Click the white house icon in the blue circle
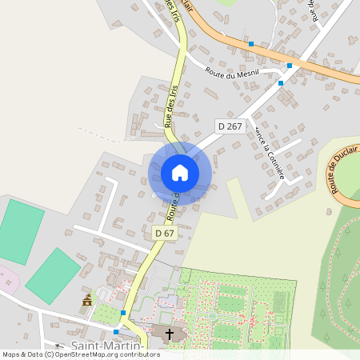pos(180,173)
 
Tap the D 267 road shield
pos(230,126)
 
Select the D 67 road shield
pos(164,233)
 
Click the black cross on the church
pos(167,334)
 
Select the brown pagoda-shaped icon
pos(86,300)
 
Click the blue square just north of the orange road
pos(251,44)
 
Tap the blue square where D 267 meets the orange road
pos(289,66)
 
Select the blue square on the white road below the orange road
pos(281,82)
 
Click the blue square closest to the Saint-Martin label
pos(117,331)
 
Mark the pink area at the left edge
pos(6,281)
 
